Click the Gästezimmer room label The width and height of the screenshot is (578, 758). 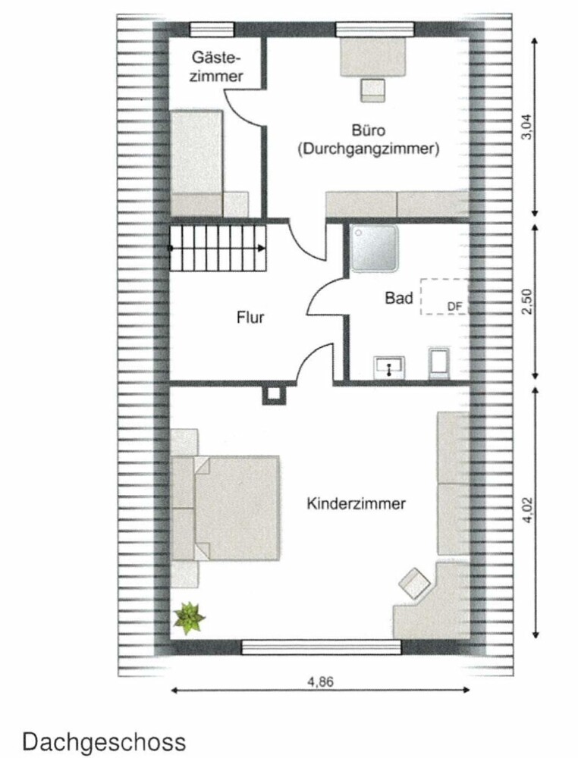click(215, 67)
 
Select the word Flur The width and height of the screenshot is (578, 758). click(250, 318)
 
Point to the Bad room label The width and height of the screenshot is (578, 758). click(399, 298)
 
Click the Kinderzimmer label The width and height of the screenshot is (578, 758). click(356, 504)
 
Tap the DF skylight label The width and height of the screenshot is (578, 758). click(454, 306)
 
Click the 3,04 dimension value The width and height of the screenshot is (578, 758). click(526, 127)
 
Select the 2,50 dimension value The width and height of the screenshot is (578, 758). click(526, 301)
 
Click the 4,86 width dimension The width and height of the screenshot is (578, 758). click(321, 681)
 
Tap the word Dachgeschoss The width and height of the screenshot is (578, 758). click(104, 742)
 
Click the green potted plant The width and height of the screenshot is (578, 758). click(189, 618)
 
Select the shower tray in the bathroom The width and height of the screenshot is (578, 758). click(375, 249)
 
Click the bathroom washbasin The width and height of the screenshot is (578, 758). click(389, 367)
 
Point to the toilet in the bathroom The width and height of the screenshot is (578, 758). click(439, 362)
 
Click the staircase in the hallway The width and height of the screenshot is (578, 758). click(218, 249)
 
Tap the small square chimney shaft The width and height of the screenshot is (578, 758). click(273, 393)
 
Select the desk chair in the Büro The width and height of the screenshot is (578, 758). click(373, 90)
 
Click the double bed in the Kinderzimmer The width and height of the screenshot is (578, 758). click(226, 508)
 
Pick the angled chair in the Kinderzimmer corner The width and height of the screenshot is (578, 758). click(414, 584)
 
